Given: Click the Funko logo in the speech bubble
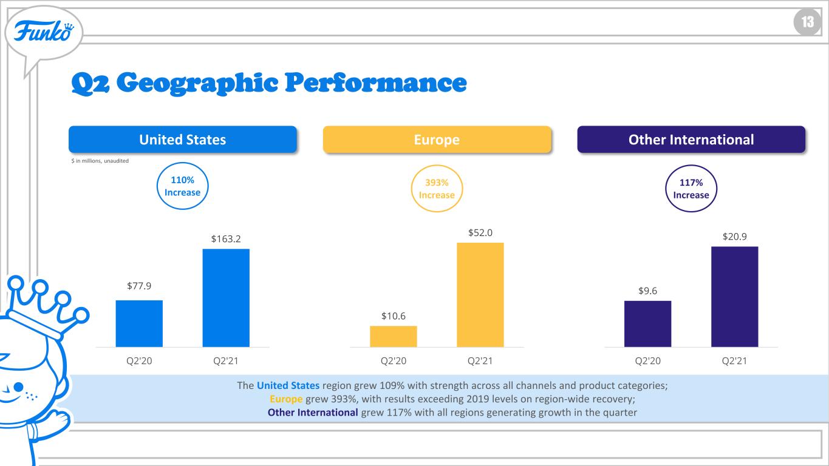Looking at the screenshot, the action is pyautogui.click(x=44, y=32).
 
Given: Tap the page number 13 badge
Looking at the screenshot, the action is pyautogui.click(x=807, y=22).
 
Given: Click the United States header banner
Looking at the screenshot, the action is pyautogui.click(x=182, y=140).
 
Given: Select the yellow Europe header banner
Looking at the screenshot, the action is pyautogui.click(x=437, y=140).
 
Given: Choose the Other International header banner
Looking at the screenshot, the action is pyautogui.click(x=691, y=140).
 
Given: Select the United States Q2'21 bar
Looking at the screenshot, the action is pyautogui.click(x=226, y=298).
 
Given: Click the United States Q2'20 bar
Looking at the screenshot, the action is pyautogui.click(x=139, y=323).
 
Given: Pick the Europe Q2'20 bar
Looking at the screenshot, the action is pyautogui.click(x=394, y=337).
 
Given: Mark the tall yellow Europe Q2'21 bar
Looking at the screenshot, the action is pyautogui.click(x=480, y=295).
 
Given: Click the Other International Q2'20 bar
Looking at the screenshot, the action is pyautogui.click(x=647, y=324).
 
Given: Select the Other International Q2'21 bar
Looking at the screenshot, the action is pyautogui.click(x=735, y=297).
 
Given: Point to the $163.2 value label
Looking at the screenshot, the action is pyautogui.click(x=226, y=239).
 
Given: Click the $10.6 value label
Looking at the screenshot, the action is pyautogui.click(x=394, y=316).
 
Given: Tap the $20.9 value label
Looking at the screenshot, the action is pyautogui.click(x=735, y=236).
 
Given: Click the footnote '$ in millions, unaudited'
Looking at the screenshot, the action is pyautogui.click(x=100, y=161).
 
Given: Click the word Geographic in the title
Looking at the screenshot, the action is pyautogui.click(x=197, y=83).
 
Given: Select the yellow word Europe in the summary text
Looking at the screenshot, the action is pyautogui.click(x=286, y=399).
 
